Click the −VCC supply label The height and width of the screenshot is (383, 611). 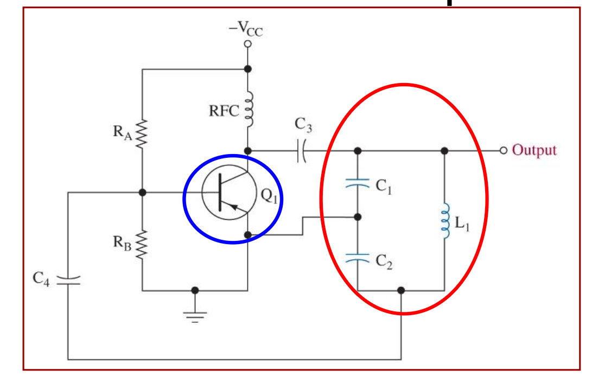(x=246, y=28)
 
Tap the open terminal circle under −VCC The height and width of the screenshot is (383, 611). (x=248, y=44)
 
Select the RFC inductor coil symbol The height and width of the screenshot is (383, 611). (x=249, y=109)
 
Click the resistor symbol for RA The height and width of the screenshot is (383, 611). (x=142, y=133)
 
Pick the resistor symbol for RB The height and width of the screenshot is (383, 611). (x=142, y=244)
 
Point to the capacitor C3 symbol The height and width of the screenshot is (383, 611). (x=301, y=150)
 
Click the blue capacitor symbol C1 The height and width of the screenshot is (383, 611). (x=358, y=183)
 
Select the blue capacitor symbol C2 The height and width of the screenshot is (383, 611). (x=358, y=258)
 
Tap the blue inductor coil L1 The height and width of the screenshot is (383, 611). (x=445, y=221)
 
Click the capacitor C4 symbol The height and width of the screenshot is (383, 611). (x=68, y=280)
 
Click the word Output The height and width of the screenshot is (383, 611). (x=534, y=150)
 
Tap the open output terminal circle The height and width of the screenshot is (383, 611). (x=504, y=150)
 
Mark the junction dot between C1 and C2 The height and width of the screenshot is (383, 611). (x=358, y=217)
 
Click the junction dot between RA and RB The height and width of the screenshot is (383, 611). (x=143, y=193)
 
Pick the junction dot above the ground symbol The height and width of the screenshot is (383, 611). (x=195, y=290)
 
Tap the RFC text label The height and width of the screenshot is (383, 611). (x=224, y=111)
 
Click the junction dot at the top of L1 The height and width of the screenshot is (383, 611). (x=444, y=151)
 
